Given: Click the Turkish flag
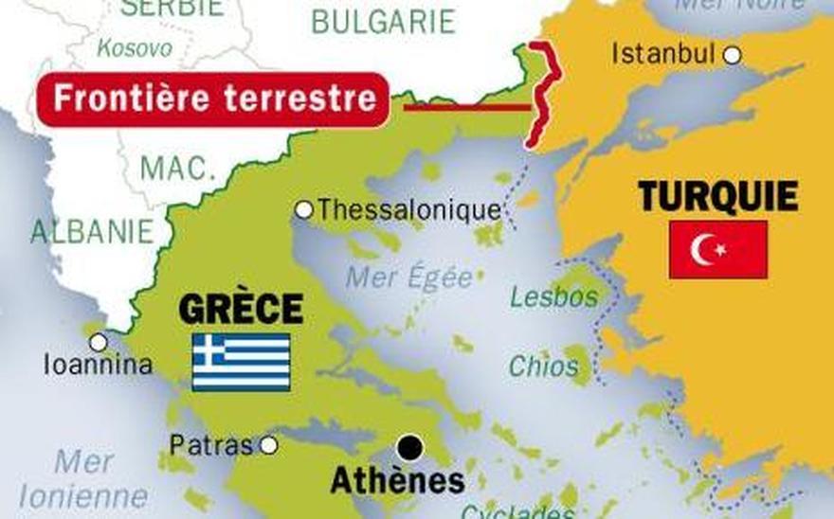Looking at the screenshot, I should click(717, 249).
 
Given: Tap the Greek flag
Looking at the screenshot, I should click(241, 362).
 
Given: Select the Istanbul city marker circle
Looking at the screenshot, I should click(732, 56).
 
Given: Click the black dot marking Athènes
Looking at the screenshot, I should click(409, 446).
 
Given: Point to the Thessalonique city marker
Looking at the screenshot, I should click(303, 209).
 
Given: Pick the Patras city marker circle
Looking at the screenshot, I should click(268, 444).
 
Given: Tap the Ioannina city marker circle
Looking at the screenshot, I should click(98, 342).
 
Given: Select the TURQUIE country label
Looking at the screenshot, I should click(717, 197).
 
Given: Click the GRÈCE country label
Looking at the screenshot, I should click(241, 309).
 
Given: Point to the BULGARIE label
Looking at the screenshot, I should click(383, 21).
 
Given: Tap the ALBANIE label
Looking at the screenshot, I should click(92, 231).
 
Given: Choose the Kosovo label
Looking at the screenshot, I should click(135, 47).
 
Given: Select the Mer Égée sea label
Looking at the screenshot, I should click(408, 277).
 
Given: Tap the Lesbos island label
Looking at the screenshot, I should click(554, 296).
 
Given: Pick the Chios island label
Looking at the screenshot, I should click(543, 366).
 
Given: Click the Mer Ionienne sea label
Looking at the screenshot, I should click(83, 479).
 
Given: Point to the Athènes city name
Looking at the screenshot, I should click(397, 480).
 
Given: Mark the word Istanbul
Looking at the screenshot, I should click(662, 54).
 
